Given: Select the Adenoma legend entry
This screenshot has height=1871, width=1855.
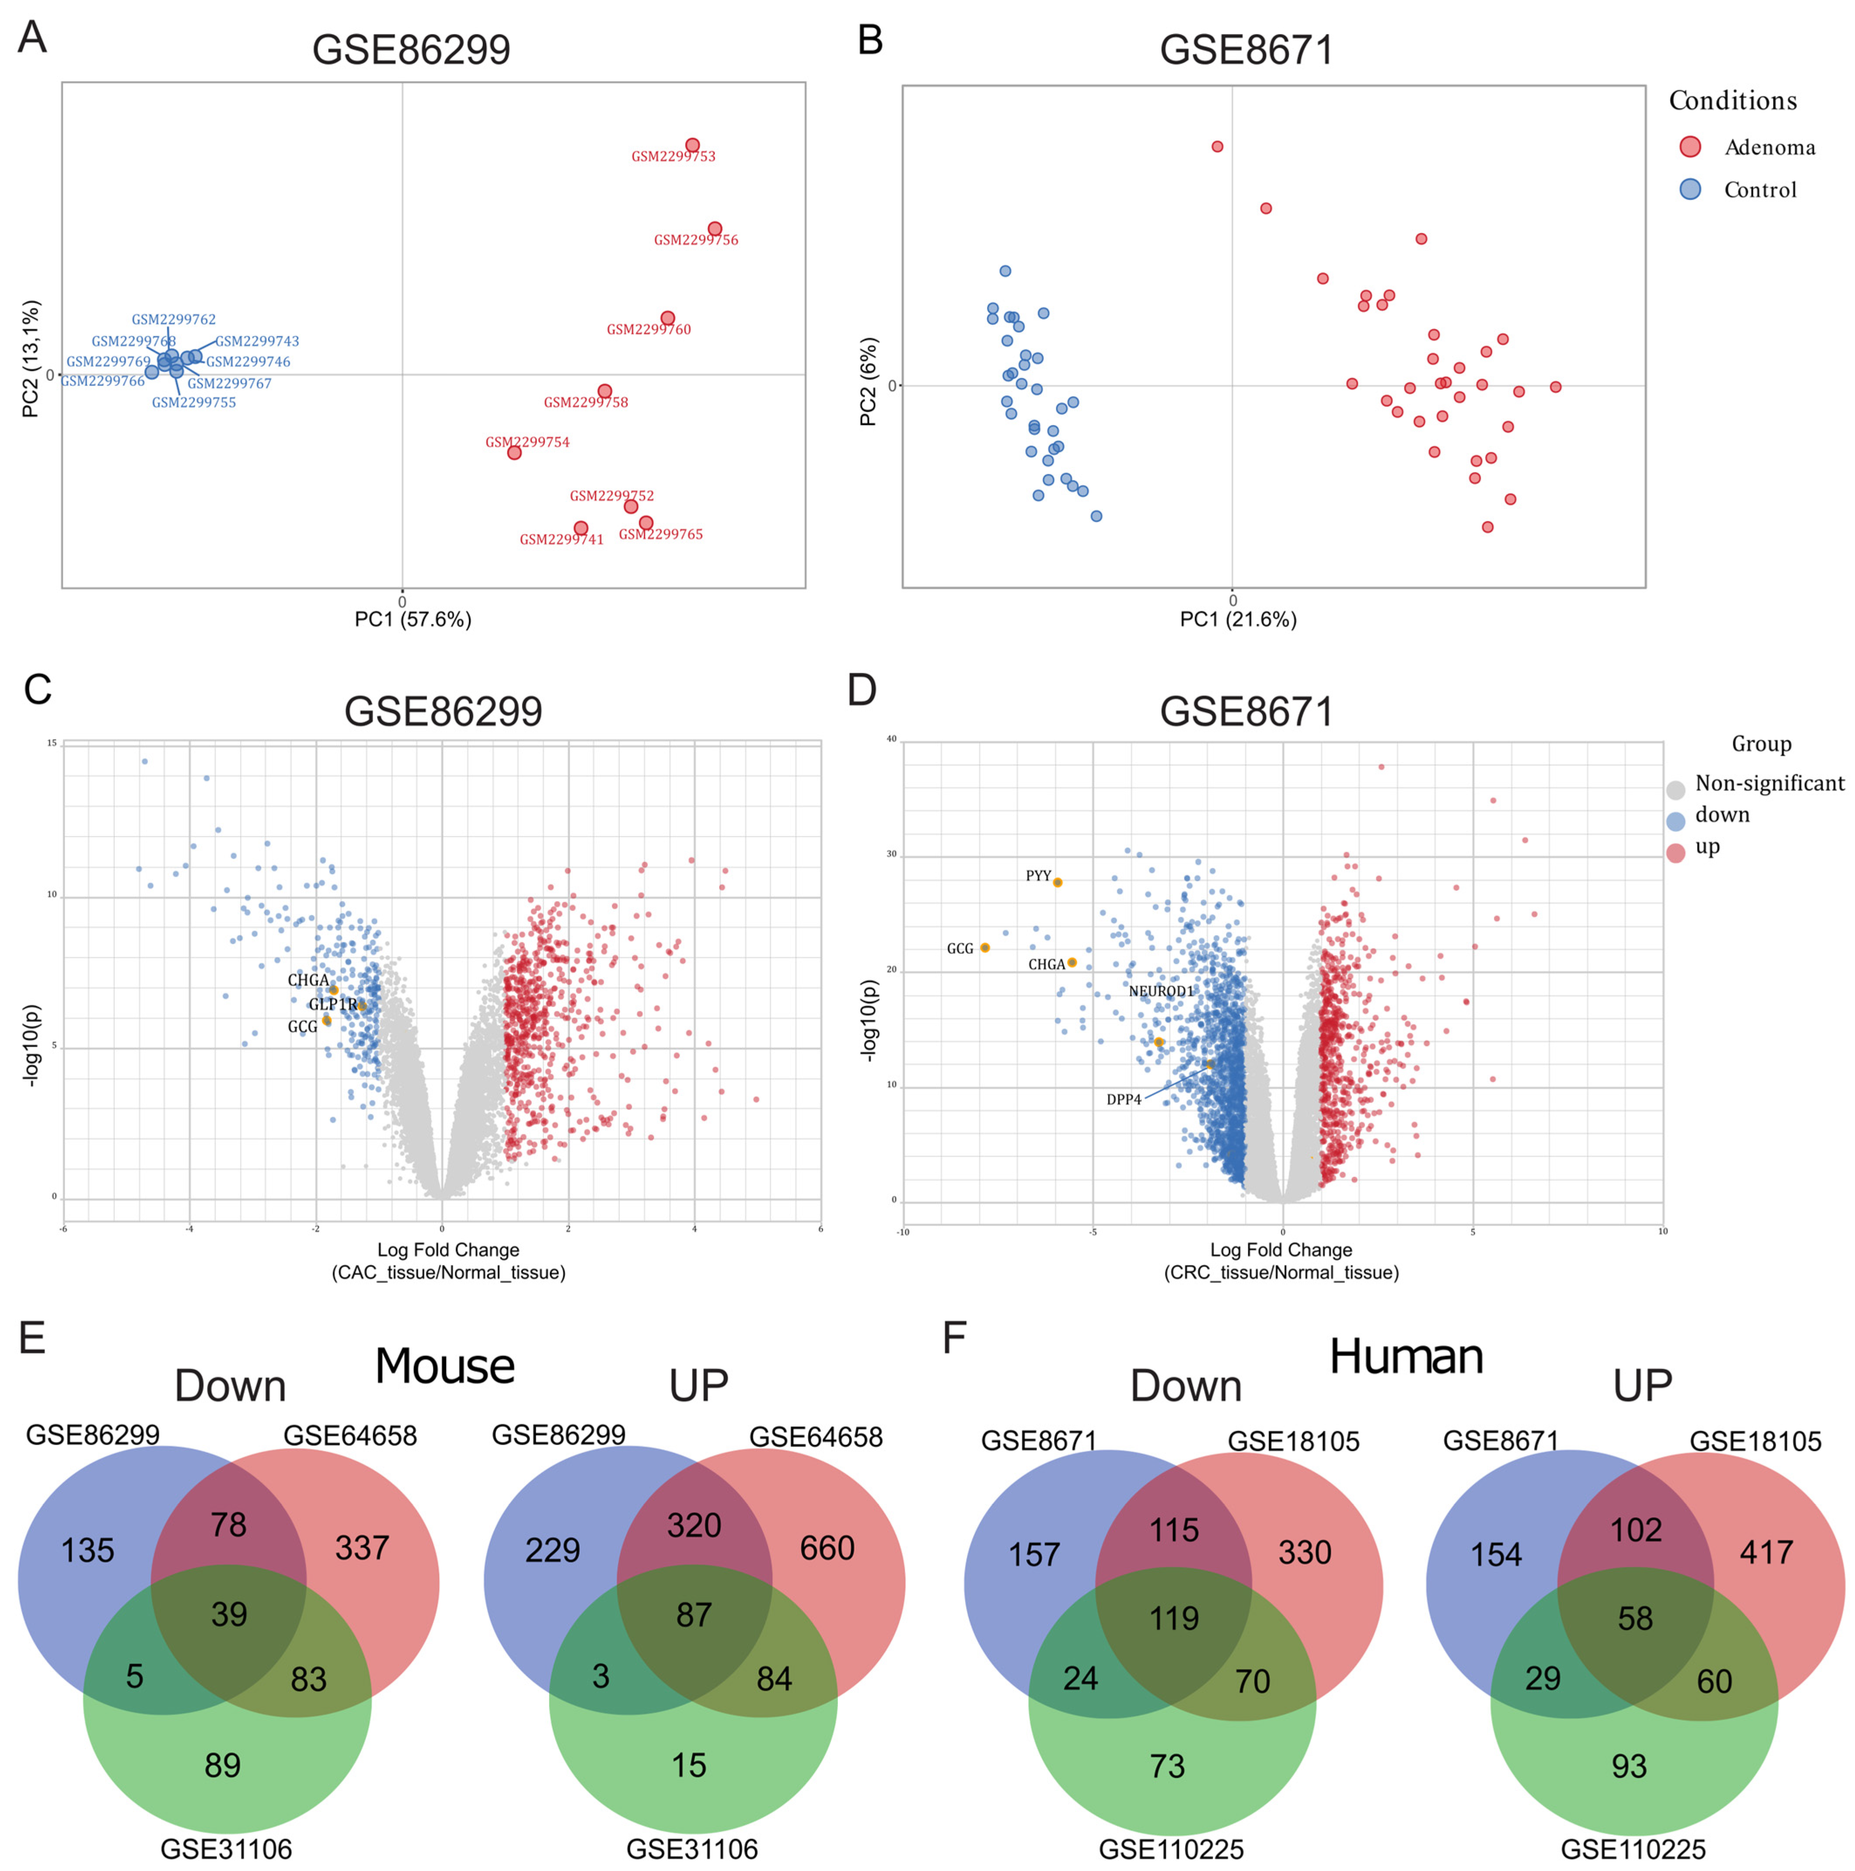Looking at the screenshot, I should point(1769,147).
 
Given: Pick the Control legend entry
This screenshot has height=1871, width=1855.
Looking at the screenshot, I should point(1759,190).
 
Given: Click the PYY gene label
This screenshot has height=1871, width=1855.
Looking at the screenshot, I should point(1038,875).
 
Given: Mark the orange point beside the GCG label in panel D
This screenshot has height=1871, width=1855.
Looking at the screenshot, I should point(984,947).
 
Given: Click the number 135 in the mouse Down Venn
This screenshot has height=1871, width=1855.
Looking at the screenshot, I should point(88,1550).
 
